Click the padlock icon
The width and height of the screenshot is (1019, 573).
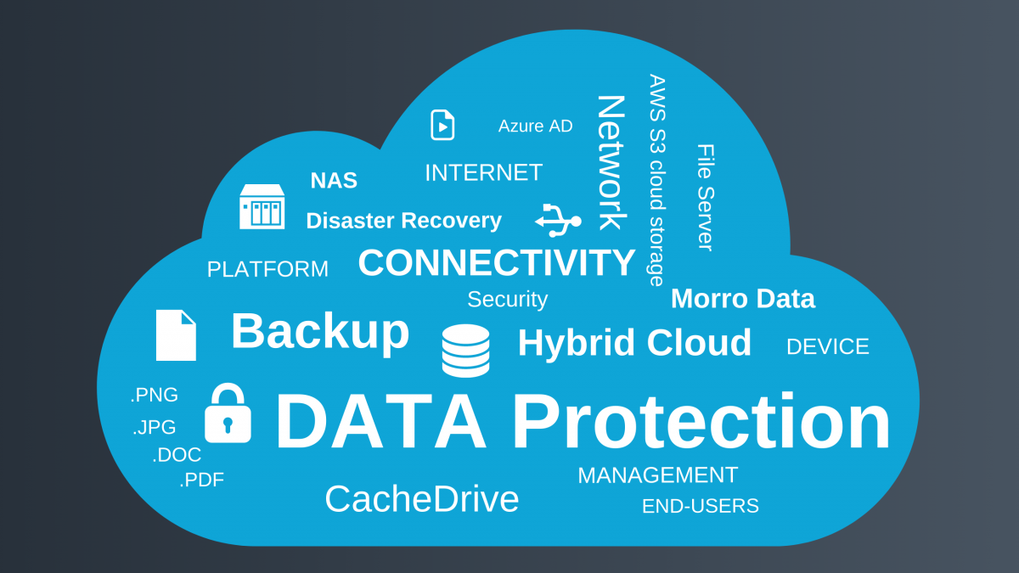pyautogui.click(x=228, y=414)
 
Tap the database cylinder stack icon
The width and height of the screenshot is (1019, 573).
pyautogui.click(x=465, y=351)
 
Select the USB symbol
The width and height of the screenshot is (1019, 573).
pyautogui.click(x=558, y=221)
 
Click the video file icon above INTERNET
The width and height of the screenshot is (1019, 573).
pyautogui.click(x=442, y=125)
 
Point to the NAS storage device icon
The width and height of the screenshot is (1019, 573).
pyautogui.click(x=262, y=206)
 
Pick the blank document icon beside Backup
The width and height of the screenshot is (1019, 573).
pyautogui.click(x=176, y=335)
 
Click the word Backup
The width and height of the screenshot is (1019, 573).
pyautogui.click(x=319, y=331)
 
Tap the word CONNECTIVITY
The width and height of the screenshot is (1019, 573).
pyautogui.click(x=497, y=263)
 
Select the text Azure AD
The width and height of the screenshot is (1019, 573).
pyautogui.click(x=535, y=126)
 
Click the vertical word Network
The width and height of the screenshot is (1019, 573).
pyautogui.click(x=611, y=162)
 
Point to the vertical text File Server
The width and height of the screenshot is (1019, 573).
pyautogui.click(x=705, y=197)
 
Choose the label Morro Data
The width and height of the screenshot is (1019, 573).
pyautogui.click(x=742, y=299)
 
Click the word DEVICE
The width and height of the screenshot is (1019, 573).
pyautogui.click(x=827, y=347)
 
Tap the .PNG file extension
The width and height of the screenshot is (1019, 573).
pyautogui.click(x=155, y=396)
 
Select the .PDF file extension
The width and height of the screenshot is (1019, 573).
pyautogui.click(x=202, y=480)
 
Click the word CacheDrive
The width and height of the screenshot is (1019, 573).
pyautogui.click(x=421, y=499)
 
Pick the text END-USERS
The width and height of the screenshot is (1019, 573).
pyautogui.click(x=700, y=507)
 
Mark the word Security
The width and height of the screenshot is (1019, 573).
pyautogui.click(x=507, y=300)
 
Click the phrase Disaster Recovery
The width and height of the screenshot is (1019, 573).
pyautogui.click(x=403, y=221)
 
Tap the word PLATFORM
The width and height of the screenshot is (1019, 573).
pyautogui.click(x=267, y=270)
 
